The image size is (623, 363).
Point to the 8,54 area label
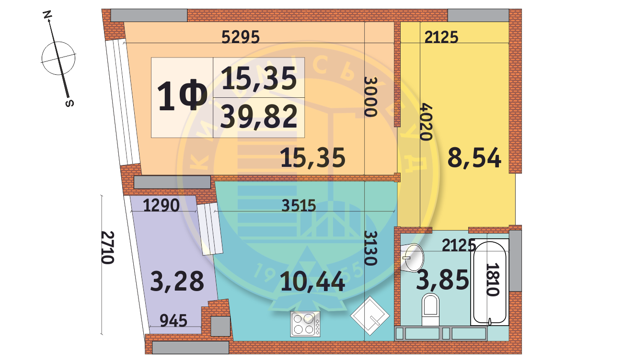click(x=474, y=158)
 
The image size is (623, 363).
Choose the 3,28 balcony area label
click(x=177, y=281)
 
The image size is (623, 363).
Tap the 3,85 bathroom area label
click(x=442, y=280)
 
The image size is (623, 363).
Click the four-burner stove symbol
click(x=305, y=324)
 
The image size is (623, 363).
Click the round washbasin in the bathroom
click(x=413, y=257)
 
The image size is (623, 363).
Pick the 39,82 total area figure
click(x=258, y=117)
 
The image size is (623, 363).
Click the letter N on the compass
click(x=47, y=15)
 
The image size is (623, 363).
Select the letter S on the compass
click(x=69, y=103)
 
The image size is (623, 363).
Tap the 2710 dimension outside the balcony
click(x=108, y=248)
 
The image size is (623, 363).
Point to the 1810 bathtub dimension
click(x=494, y=280)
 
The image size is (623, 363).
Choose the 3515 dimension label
click(x=299, y=206)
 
